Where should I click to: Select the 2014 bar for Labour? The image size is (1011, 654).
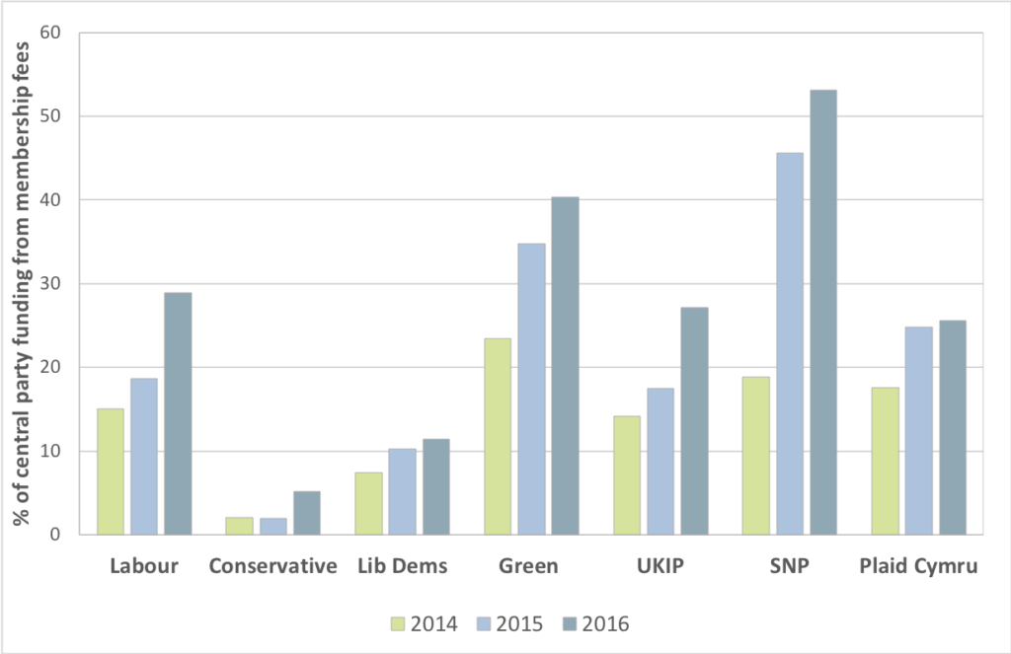point(111,472)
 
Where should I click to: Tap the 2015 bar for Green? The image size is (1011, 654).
point(531,389)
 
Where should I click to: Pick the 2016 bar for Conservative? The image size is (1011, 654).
point(306,513)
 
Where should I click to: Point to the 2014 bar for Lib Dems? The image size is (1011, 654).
point(368,503)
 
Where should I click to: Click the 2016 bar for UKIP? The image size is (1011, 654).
point(694,421)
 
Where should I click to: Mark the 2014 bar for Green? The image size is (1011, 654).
point(498,436)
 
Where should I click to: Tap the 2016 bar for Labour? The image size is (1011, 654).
point(178,413)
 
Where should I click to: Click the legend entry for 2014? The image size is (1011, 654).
point(422,623)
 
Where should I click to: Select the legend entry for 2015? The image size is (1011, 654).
point(506,623)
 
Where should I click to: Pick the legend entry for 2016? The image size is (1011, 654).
point(591,623)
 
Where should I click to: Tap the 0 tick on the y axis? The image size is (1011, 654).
point(54,535)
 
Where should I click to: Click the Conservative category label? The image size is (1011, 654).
point(273,566)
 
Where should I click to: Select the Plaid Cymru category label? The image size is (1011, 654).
point(918,566)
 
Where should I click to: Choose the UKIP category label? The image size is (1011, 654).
point(661,566)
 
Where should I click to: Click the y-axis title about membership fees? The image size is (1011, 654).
point(21,283)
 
